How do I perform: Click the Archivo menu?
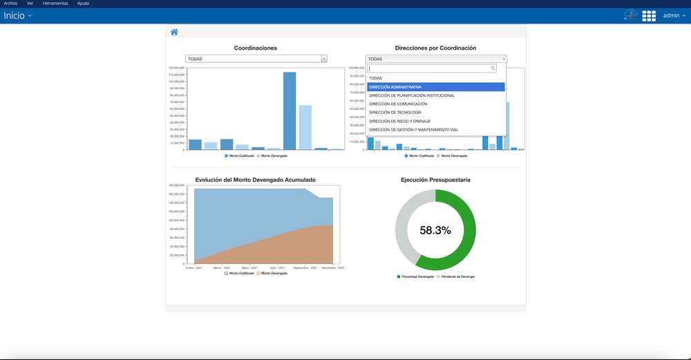[10, 3]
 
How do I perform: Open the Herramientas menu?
[55, 3]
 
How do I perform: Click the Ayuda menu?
[83, 3]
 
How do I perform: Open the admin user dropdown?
[674, 15]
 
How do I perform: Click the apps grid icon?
[649, 16]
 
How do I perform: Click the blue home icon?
[174, 32]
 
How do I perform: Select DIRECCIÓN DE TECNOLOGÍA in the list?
[395, 113]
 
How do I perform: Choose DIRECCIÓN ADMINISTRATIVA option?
[395, 87]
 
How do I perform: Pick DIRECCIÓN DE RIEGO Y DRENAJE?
[399, 121]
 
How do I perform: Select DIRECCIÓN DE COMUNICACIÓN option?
[398, 104]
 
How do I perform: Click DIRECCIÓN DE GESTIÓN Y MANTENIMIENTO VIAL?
[413, 130]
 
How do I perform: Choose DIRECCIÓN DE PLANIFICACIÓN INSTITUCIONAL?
[412, 95]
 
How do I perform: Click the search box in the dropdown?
[431, 68]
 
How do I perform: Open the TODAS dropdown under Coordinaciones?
[256, 59]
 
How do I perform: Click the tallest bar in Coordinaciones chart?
[290, 111]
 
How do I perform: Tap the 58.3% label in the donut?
[435, 230]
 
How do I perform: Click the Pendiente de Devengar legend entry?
[457, 276]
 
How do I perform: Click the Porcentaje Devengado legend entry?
[417, 276]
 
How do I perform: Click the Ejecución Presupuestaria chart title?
[435, 180]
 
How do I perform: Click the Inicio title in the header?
[15, 16]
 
